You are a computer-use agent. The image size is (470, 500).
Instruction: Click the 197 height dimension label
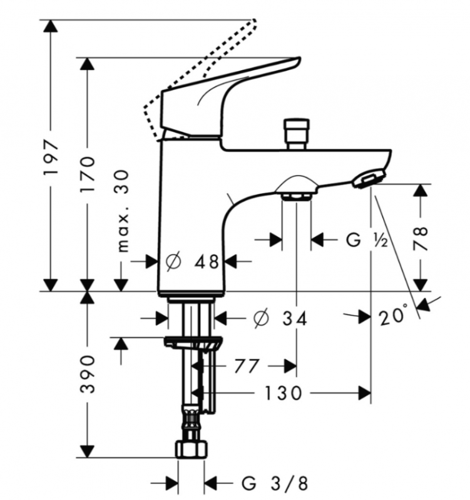point(51,157)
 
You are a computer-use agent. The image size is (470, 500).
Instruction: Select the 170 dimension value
point(87,174)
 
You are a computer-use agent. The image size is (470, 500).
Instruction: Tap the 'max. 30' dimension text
point(123,211)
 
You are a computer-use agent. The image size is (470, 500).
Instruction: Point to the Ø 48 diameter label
point(192,262)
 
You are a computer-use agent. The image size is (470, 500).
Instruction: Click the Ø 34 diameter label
point(280,318)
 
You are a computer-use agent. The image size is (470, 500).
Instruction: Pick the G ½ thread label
point(367,240)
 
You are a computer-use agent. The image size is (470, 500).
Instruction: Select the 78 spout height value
point(421,238)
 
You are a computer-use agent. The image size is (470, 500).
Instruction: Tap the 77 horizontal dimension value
point(246,366)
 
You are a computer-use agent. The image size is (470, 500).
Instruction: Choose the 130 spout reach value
point(284,393)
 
